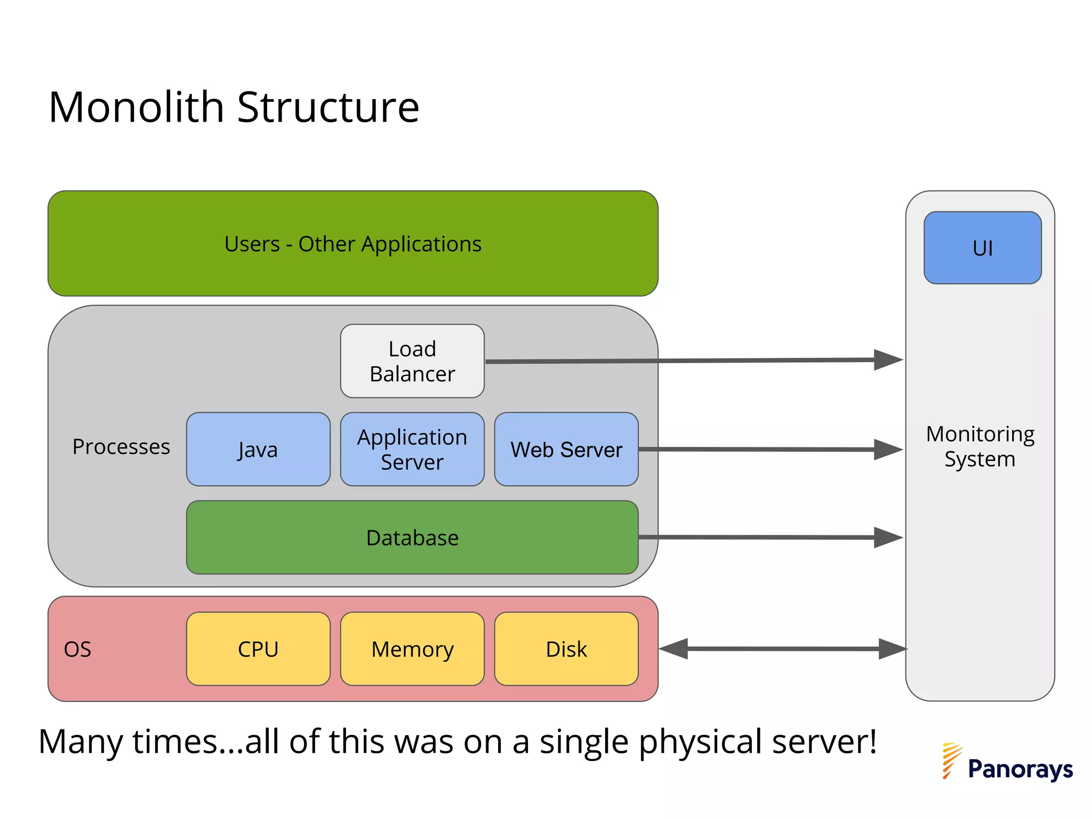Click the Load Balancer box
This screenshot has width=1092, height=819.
[x=412, y=361]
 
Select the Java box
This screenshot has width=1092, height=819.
[x=258, y=449]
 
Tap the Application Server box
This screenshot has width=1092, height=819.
[x=412, y=449]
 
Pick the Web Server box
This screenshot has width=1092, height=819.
[x=566, y=449]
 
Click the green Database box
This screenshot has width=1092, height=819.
[x=412, y=537]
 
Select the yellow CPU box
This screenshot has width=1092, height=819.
[x=258, y=649]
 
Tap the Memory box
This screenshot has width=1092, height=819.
[x=412, y=649]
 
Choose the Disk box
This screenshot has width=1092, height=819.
[x=566, y=649]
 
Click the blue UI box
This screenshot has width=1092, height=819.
[x=982, y=248]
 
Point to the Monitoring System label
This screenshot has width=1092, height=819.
[x=980, y=446]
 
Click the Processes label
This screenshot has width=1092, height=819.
[x=121, y=447]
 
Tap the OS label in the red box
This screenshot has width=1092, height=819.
[x=78, y=649]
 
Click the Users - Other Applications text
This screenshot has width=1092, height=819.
[x=352, y=244]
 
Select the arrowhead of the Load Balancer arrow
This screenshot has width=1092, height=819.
[x=888, y=360]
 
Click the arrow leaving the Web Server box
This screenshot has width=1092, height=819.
[x=757, y=449]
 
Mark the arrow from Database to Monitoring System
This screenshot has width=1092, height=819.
[x=757, y=537]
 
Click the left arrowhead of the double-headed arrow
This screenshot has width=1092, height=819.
[x=673, y=649]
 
